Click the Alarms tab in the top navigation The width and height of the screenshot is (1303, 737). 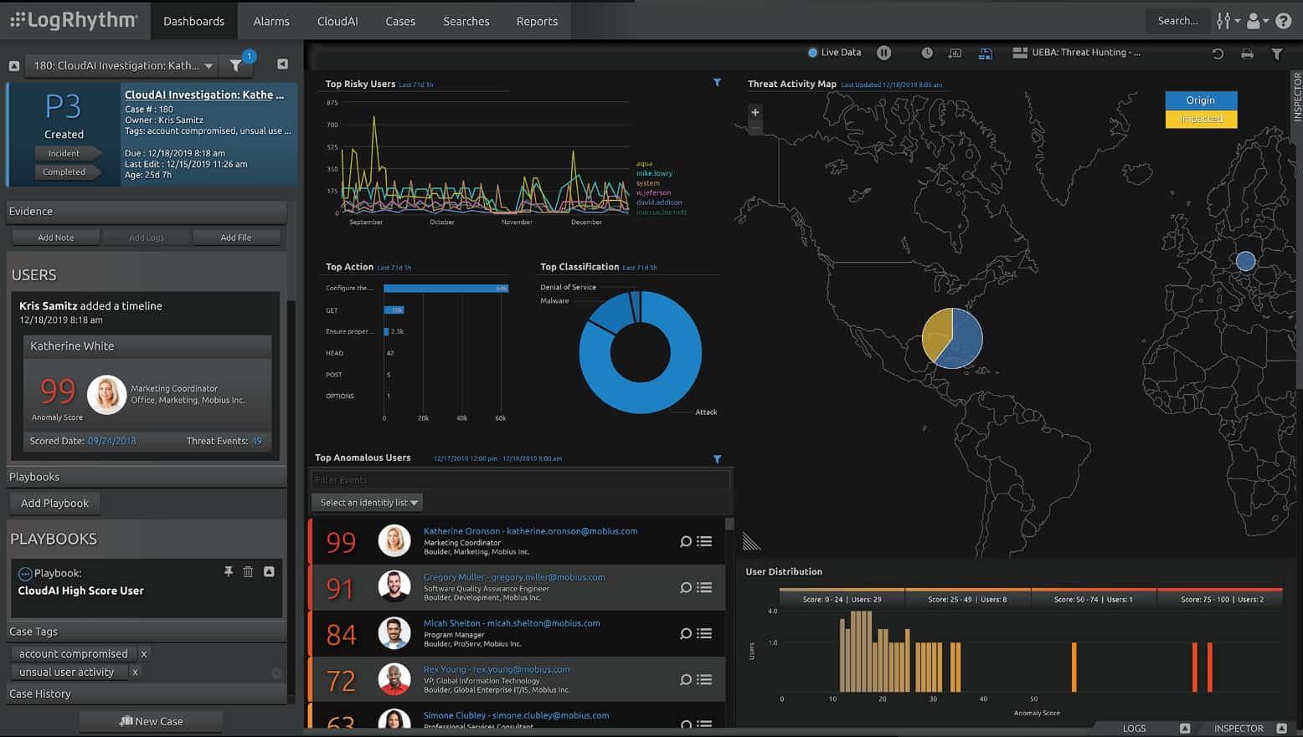click(x=271, y=21)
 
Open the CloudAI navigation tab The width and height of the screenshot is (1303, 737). click(x=337, y=21)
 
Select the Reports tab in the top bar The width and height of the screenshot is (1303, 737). click(x=537, y=21)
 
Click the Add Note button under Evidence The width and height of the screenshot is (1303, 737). click(x=56, y=238)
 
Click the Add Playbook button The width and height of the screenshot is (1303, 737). click(x=54, y=503)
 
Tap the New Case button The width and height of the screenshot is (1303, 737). click(x=152, y=721)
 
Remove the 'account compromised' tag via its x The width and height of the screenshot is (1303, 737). click(x=144, y=654)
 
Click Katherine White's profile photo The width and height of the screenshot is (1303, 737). click(x=107, y=394)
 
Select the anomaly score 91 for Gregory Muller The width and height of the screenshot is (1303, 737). click(x=340, y=588)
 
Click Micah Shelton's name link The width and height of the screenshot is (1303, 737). click(x=451, y=623)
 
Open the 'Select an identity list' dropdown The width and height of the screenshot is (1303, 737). click(x=368, y=503)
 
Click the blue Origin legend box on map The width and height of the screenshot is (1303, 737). click(x=1200, y=100)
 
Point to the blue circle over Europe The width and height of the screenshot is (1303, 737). click(x=1245, y=261)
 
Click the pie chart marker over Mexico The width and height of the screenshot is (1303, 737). click(x=952, y=339)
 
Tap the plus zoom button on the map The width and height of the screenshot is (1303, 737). click(x=755, y=112)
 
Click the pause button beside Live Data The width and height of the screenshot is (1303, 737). click(x=883, y=53)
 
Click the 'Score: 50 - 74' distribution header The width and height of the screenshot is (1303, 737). click(x=1093, y=599)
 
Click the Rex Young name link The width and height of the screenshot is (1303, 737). click(x=445, y=669)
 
